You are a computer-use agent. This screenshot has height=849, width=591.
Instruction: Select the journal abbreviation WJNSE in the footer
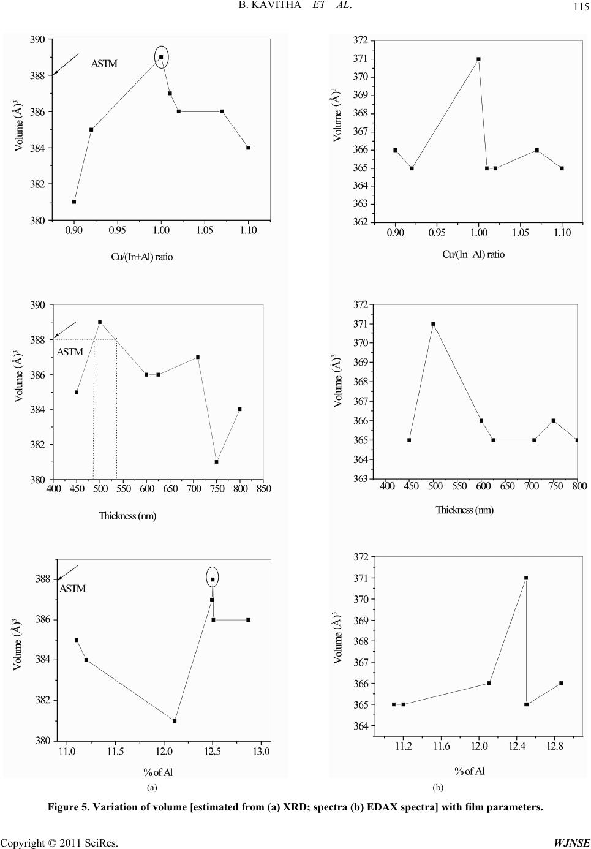point(571,843)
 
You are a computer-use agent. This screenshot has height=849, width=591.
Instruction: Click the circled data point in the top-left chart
point(161,57)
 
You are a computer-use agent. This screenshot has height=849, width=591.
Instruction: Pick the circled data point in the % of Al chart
point(213,579)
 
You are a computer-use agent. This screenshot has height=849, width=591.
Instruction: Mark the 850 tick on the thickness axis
point(264,489)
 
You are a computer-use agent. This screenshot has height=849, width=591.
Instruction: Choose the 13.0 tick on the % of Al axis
point(261,751)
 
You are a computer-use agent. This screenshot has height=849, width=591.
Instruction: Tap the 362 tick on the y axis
point(361,222)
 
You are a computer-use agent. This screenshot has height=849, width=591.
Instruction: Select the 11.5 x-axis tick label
point(115,751)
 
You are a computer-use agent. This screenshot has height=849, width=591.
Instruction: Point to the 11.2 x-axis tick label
point(403,745)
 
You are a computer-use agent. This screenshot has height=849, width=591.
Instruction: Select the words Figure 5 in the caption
point(69,807)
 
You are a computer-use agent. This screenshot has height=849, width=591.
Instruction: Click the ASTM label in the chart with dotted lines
point(70,352)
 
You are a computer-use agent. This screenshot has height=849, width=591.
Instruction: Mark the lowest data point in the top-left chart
point(74,202)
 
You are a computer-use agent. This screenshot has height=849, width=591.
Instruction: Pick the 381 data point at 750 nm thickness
point(217,461)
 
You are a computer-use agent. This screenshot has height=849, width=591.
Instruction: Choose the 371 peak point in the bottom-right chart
point(526,578)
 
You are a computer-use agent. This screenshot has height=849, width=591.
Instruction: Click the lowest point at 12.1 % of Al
point(175,721)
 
